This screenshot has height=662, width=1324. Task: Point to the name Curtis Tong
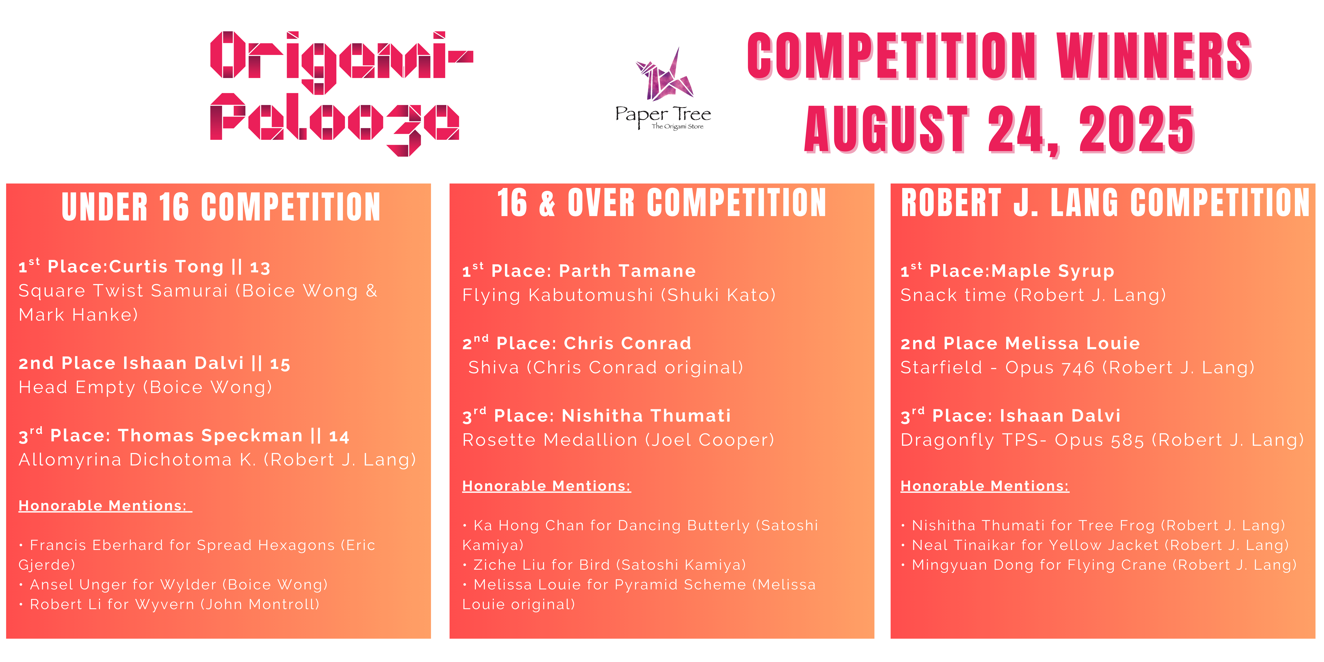[166, 267]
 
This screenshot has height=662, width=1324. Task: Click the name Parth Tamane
[627, 271]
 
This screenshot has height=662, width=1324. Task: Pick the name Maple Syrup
[1053, 271]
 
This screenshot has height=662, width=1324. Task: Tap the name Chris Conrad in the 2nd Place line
[628, 343]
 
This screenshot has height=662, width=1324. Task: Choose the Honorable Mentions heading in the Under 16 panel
[105, 506]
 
